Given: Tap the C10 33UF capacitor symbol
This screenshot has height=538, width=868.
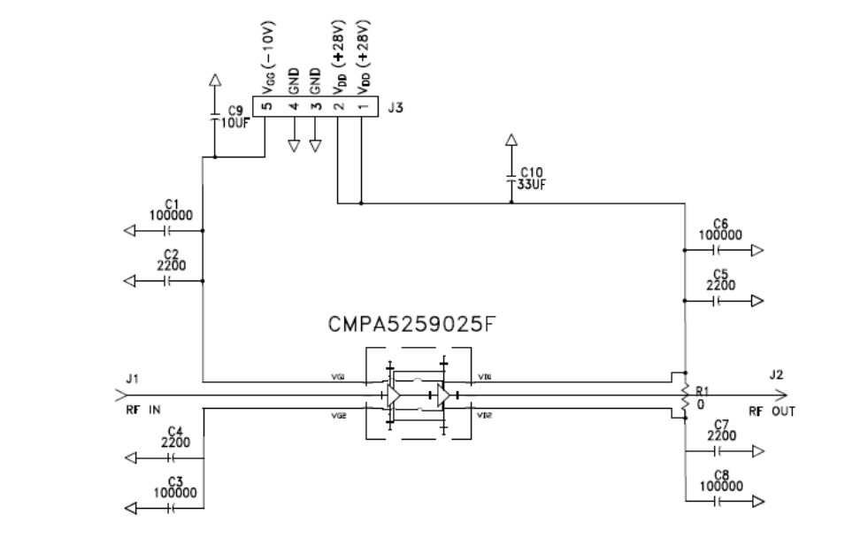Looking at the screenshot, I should tap(511, 178).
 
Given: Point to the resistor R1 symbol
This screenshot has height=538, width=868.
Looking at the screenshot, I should tap(683, 395).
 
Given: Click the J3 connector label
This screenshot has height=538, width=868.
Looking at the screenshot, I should tap(396, 110).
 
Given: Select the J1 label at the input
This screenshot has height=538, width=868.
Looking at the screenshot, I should tap(132, 379).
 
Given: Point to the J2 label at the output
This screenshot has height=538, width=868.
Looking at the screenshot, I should tap(776, 374).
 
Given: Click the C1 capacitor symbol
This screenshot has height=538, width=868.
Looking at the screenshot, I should tap(165, 230).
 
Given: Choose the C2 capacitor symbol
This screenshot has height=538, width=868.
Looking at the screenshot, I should tap(165, 281).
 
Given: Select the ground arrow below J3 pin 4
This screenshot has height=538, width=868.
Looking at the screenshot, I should tap(294, 145).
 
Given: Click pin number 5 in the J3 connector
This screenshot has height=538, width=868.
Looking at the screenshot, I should tap(265, 106).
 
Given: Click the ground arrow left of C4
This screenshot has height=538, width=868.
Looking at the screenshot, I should tap(131, 457).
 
